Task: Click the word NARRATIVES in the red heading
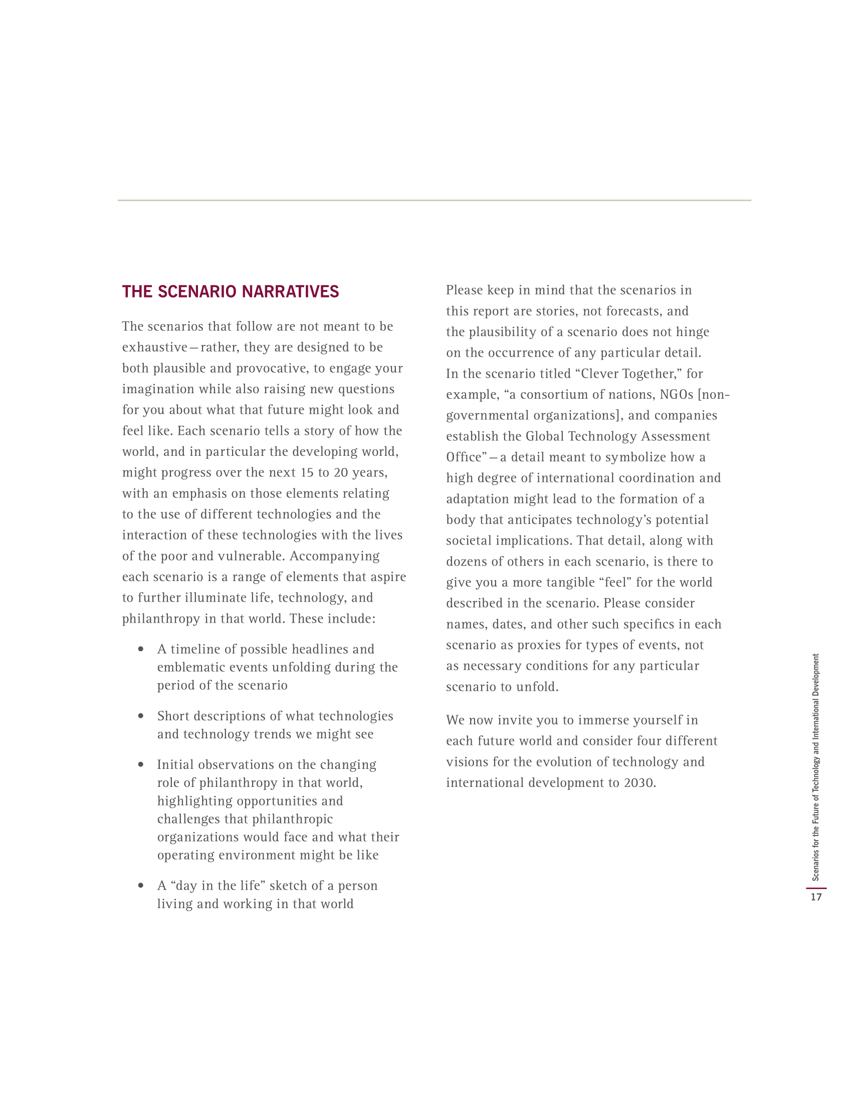pyautogui.click(x=290, y=292)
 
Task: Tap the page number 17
pyautogui.click(x=815, y=897)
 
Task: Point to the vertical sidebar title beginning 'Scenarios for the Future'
pyautogui.click(x=815, y=767)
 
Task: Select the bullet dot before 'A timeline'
pyautogui.click(x=141, y=649)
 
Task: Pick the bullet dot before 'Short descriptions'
pyautogui.click(x=141, y=716)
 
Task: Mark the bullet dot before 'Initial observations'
pyautogui.click(x=141, y=764)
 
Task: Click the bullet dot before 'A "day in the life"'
pyautogui.click(x=141, y=886)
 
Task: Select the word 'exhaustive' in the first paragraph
pyautogui.click(x=154, y=347)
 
